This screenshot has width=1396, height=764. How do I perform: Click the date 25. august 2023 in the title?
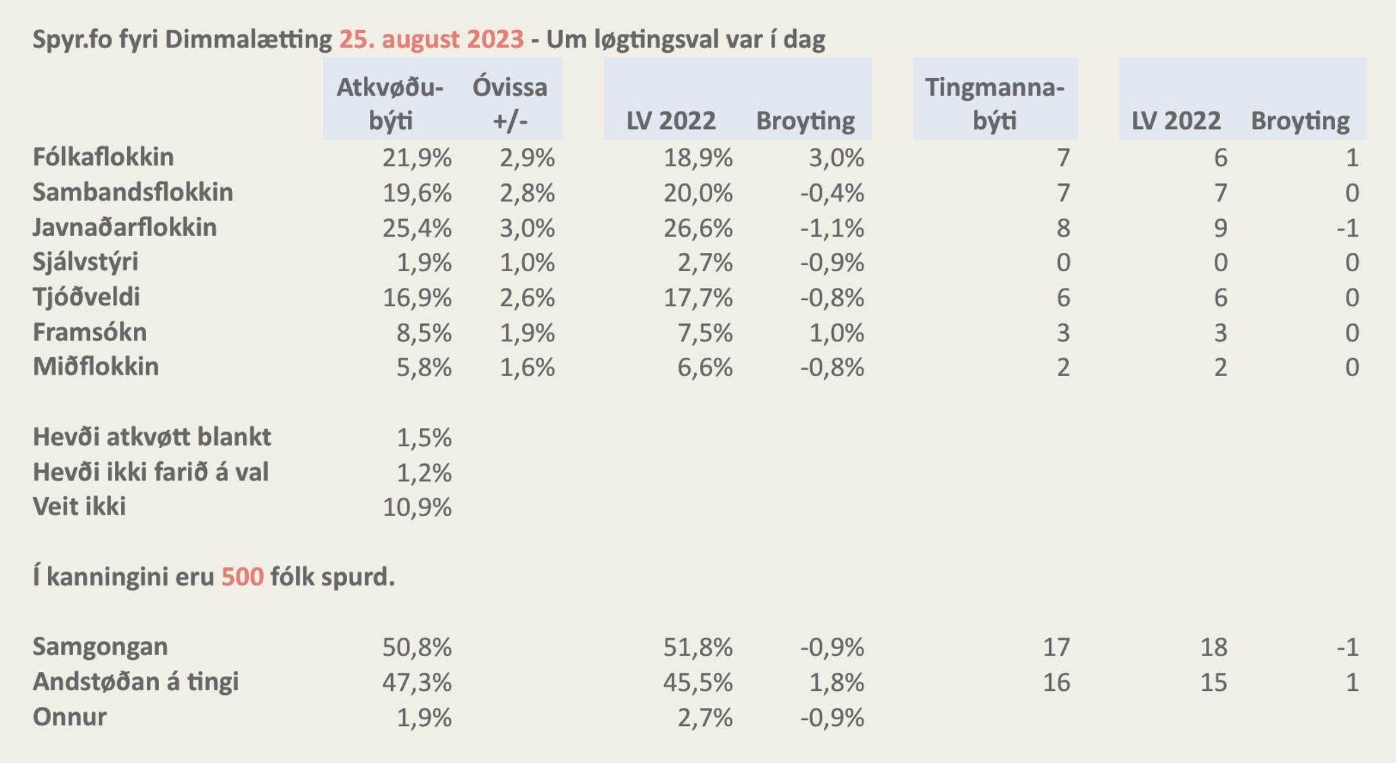pos(431,39)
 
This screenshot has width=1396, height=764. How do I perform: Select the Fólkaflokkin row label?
pos(103,157)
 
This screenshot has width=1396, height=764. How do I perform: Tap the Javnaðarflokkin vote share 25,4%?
pos(417,228)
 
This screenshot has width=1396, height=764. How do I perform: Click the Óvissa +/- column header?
pos(509,103)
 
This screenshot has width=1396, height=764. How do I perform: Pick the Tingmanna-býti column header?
pos(994,103)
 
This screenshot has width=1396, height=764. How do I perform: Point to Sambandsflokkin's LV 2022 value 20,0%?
pos(697,193)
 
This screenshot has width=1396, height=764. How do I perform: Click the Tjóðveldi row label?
pos(86,297)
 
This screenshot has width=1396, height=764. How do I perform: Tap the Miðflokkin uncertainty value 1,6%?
pos(527,367)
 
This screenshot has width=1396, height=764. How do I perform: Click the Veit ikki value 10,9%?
pos(417,507)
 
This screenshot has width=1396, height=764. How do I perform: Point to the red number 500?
pos(242,577)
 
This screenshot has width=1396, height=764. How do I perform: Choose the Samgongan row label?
pos(100,646)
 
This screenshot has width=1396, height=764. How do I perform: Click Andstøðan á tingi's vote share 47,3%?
pos(417,682)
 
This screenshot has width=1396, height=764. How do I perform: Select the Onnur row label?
pos(70,717)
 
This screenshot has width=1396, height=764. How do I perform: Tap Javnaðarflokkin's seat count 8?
pos(1063,228)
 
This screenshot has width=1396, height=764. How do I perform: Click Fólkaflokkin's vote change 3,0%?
pos(836,158)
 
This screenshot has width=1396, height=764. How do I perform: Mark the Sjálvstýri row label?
pos(85,262)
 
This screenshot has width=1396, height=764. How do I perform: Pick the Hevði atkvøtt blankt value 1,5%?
pos(423,437)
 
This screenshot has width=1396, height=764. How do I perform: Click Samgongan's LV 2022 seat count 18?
pos(1213,647)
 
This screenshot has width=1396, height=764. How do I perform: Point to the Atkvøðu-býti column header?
pos(390,103)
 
